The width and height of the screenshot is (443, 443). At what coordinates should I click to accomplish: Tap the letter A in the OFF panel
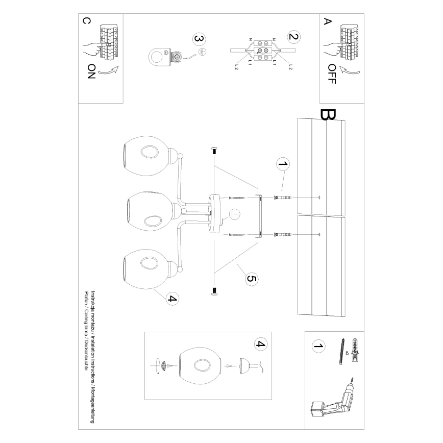click(x=328, y=22)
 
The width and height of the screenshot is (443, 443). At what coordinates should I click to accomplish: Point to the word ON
click(x=91, y=70)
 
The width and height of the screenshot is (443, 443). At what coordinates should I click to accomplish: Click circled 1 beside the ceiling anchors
click(x=282, y=164)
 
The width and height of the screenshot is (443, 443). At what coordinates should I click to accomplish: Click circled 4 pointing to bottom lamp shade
click(x=172, y=299)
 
